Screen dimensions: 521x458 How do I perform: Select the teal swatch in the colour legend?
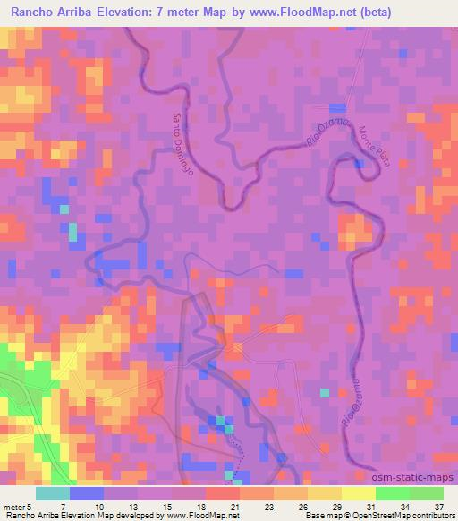coord(53,493)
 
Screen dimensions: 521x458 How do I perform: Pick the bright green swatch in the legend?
coord(393,493)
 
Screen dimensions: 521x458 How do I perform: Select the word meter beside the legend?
coord(14,505)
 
